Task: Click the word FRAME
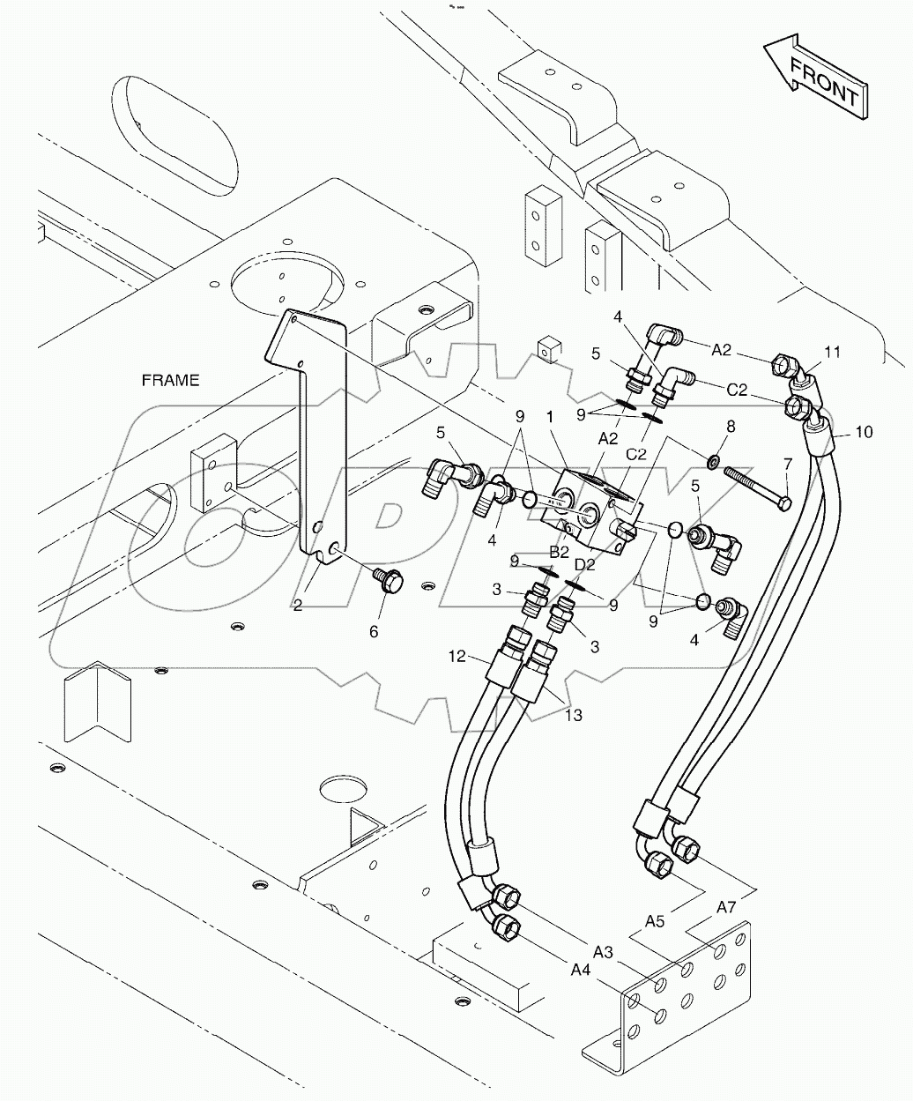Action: pyautogui.click(x=170, y=380)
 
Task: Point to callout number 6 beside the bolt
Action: pyautogui.click(x=374, y=631)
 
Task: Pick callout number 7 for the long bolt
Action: pyautogui.click(x=787, y=463)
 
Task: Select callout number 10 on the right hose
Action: pyautogui.click(x=864, y=432)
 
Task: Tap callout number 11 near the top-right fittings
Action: pyautogui.click(x=832, y=353)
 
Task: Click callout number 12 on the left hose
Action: pyautogui.click(x=457, y=656)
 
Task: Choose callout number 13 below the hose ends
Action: pyautogui.click(x=574, y=715)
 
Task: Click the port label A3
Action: pyautogui.click(x=603, y=952)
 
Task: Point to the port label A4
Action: pyautogui.click(x=580, y=971)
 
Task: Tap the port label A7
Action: pyautogui.click(x=726, y=906)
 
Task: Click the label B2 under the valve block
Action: pyautogui.click(x=559, y=553)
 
